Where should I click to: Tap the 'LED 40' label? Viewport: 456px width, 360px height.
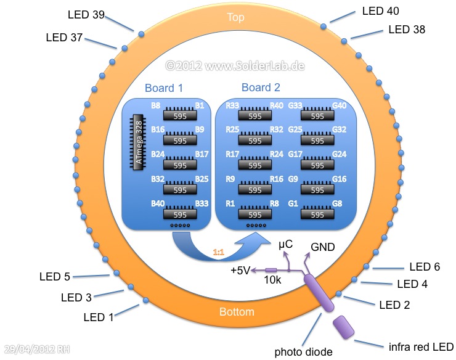[x=381, y=11]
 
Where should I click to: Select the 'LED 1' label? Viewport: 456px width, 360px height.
[x=99, y=317]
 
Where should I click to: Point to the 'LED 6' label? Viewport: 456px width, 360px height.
[x=425, y=267]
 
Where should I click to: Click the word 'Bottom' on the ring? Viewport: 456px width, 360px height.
[x=237, y=312]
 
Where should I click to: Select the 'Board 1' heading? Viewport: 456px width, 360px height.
[x=164, y=88]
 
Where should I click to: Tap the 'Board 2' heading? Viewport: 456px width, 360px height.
[x=261, y=88]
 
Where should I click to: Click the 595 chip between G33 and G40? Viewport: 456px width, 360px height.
[x=317, y=115]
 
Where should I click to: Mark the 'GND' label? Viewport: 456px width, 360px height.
[x=323, y=247]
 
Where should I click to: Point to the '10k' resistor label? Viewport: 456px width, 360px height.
[x=273, y=280]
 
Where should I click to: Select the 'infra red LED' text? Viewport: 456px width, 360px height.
[x=421, y=346]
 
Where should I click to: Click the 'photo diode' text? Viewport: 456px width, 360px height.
[x=304, y=352]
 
